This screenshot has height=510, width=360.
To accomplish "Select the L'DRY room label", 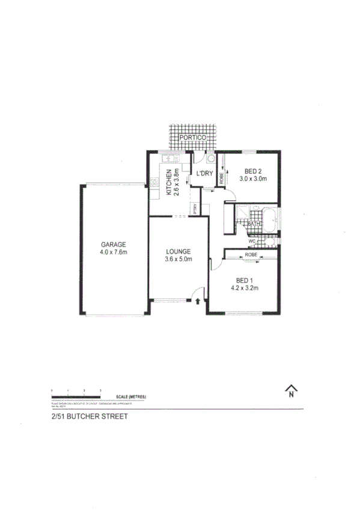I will [x=205, y=174].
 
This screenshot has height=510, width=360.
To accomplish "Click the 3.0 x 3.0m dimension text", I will [x=254, y=179].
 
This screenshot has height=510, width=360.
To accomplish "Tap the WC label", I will [x=252, y=241].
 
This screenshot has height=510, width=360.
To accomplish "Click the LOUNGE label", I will [x=179, y=251].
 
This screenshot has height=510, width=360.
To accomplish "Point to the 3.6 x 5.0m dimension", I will [x=179, y=260].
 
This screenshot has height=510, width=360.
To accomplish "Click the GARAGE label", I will [x=113, y=245].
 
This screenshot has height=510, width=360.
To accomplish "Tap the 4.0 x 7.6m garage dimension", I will [x=113, y=253].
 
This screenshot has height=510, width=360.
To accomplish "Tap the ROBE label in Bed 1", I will [x=252, y=255].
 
